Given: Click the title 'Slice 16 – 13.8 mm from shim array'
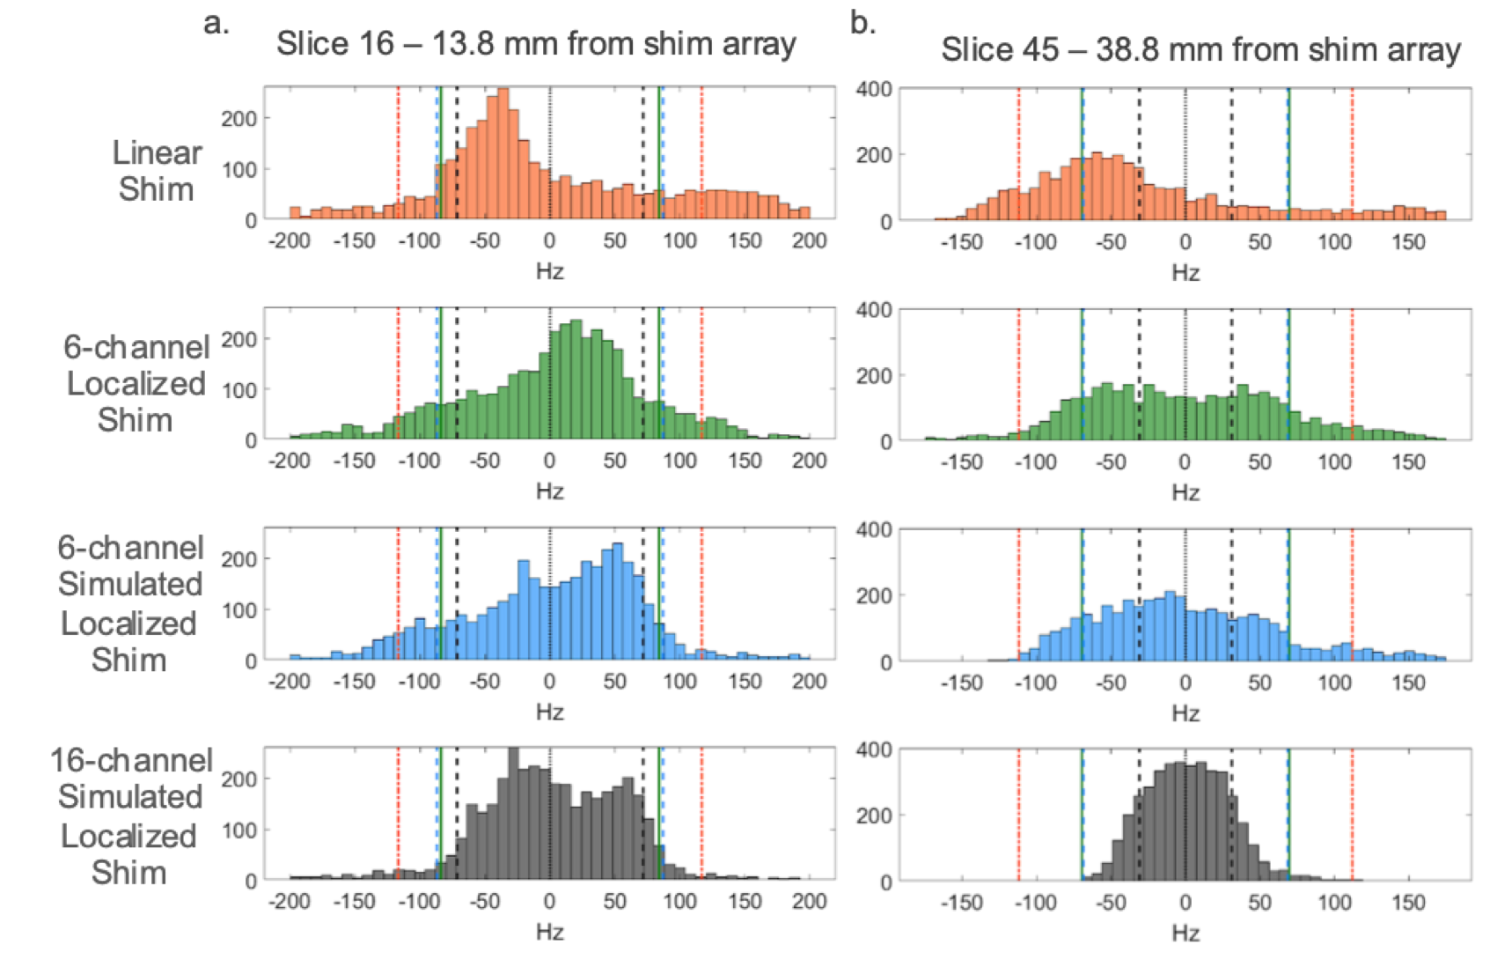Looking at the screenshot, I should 536,43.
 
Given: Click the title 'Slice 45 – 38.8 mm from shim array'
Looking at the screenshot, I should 1200,49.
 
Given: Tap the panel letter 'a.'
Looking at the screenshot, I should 217,23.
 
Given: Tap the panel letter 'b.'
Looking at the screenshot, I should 863,23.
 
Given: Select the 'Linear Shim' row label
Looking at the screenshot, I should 156,171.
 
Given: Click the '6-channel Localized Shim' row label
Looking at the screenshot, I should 136,383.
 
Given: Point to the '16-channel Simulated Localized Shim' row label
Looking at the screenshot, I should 130,816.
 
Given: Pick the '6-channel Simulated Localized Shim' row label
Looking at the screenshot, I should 130,603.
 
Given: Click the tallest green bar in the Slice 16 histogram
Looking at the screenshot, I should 576,380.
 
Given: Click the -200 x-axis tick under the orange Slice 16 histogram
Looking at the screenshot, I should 290,240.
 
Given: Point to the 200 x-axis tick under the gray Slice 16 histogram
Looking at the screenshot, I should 809,902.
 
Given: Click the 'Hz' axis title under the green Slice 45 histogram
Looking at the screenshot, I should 1185,492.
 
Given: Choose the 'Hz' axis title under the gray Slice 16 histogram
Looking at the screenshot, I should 549,932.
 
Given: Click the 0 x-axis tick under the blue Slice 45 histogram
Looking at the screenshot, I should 1185,682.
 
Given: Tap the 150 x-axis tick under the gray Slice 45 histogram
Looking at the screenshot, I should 1408,903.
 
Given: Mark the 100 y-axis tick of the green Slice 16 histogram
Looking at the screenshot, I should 239,389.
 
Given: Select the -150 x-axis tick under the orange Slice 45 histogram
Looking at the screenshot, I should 961,242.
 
